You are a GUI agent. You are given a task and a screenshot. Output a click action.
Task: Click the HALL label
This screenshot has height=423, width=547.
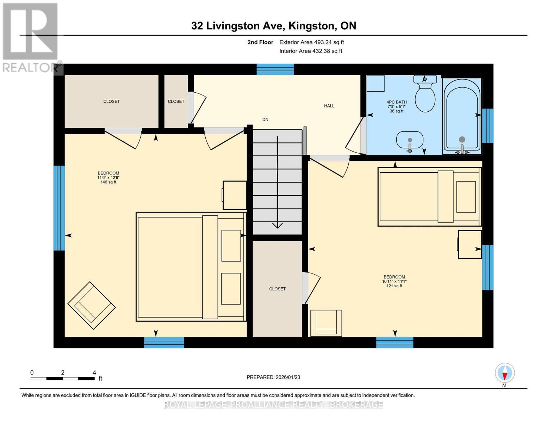[x=329, y=106]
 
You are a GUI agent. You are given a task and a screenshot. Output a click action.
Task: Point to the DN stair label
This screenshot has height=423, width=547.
[x=265, y=119]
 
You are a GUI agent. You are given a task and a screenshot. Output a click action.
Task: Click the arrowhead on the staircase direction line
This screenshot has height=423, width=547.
[x=278, y=225]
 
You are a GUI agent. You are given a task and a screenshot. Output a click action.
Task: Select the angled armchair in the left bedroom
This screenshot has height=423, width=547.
[x=92, y=305]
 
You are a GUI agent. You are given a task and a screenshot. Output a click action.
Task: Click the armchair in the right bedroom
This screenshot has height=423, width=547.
[x=326, y=323]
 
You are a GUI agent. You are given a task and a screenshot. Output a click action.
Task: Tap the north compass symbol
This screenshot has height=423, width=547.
[x=504, y=373]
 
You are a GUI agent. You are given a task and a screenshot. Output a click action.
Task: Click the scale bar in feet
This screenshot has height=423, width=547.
[x=63, y=379]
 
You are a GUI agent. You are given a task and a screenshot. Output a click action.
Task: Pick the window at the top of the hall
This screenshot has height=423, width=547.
[x=275, y=69]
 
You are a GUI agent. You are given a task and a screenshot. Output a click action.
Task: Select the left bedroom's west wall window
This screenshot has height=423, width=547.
[x=59, y=208]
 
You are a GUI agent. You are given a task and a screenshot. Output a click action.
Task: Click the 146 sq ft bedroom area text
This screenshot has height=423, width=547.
[x=108, y=182]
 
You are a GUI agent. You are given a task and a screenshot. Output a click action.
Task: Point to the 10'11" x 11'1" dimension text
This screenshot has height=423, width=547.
[x=394, y=281]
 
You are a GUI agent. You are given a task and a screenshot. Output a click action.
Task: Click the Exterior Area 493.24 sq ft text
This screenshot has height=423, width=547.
[x=311, y=42]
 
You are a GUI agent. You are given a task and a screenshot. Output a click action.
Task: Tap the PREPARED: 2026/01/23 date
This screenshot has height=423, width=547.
[x=273, y=377]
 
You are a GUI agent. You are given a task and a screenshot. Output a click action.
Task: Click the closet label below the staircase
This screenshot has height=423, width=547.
[x=277, y=289]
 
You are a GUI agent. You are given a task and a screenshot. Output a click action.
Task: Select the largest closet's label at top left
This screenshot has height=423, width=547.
[x=111, y=101]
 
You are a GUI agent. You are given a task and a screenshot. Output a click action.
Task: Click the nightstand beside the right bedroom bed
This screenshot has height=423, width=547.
[x=470, y=244]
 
